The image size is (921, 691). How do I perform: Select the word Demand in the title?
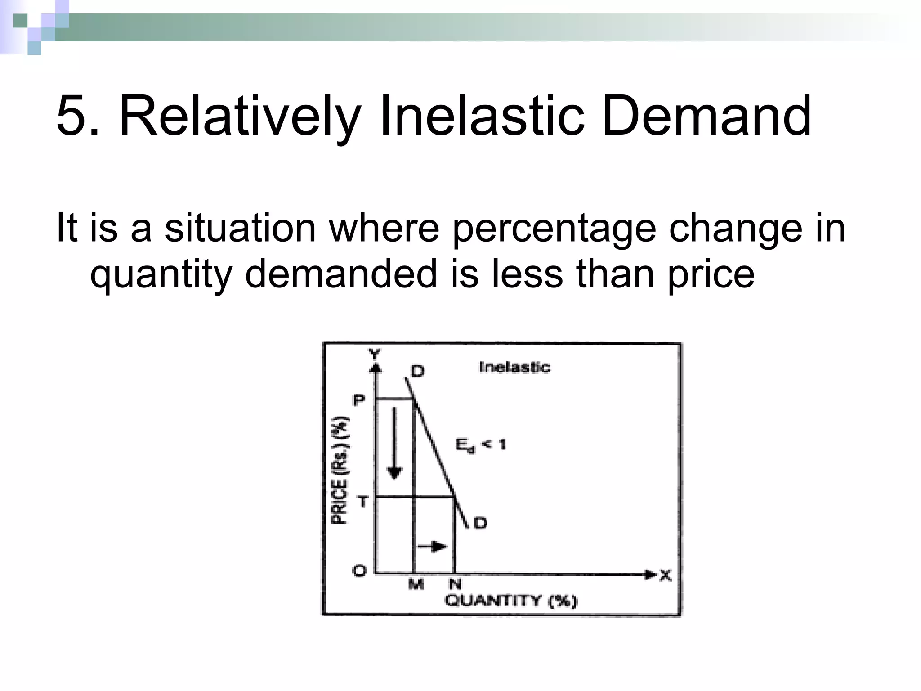[706, 117]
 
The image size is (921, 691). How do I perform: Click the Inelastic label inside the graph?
[514, 367]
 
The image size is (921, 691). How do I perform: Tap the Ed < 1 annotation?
[480, 445]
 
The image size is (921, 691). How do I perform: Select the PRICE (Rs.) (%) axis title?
[340, 471]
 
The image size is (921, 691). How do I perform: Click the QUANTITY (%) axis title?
[510, 601]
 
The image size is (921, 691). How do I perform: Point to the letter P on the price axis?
[358, 400]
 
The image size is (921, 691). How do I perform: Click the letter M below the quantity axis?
[416, 584]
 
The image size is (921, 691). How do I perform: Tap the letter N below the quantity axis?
[455, 584]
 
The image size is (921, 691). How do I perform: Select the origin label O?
[359, 571]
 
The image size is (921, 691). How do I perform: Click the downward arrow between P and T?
[395, 443]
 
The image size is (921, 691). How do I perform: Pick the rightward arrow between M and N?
[432, 547]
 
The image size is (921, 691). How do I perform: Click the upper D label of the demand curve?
[417, 371]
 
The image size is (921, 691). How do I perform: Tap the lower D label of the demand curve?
[480, 523]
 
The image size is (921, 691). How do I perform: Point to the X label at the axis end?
[665, 575]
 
